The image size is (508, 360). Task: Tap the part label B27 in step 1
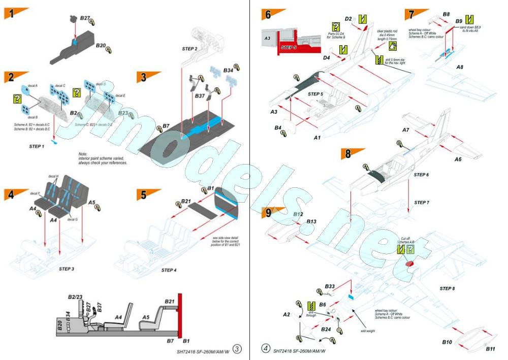(x=85, y=18)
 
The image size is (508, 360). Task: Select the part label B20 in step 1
(x=101, y=46)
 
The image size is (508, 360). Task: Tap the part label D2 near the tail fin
(x=348, y=19)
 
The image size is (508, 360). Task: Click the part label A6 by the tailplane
(x=458, y=159)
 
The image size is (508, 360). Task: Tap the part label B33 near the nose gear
(x=330, y=286)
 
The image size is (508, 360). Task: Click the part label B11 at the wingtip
(x=490, y=349)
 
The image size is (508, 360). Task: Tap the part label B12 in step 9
(x=298, y=214)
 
